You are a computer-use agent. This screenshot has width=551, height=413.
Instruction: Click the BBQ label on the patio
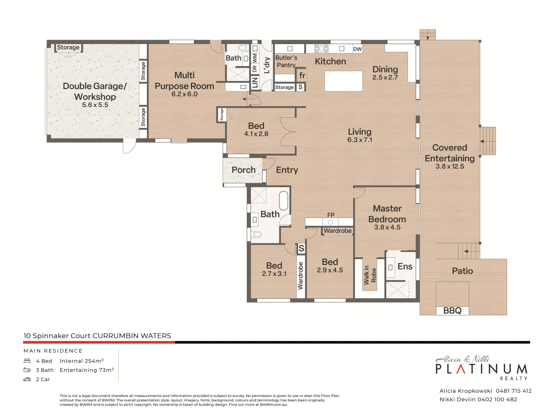point(452,311)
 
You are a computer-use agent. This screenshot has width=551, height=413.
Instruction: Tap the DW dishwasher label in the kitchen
point(357,49)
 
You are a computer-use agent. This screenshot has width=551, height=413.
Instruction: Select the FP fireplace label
point(331,215)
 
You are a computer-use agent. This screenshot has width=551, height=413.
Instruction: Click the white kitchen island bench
point(343,81)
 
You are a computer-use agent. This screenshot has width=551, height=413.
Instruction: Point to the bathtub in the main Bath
point(284,200)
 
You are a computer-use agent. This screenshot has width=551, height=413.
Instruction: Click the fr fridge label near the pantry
point(302,75)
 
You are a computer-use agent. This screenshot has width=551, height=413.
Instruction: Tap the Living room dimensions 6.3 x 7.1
point(359,140)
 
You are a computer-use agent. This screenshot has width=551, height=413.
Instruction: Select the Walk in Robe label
point(370,275)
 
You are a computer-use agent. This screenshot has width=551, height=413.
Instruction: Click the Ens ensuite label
point(405,267)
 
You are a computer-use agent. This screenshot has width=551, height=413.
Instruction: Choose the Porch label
point(243,170)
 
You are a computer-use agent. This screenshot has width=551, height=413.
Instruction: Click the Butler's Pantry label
point(286,61)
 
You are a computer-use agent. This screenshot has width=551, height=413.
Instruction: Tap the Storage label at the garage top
point(68,47)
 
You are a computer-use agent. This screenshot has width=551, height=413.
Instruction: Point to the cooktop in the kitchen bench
point(321,49)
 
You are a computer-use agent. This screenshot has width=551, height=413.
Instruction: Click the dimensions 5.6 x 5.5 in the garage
point(95,105)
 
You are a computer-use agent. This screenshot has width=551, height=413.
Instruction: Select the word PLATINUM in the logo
point(481,369)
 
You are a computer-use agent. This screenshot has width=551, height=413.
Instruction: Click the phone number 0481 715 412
point(514,391)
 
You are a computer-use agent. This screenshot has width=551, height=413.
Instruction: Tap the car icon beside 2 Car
point(27,379)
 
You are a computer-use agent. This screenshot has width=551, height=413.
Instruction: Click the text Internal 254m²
point(82,361)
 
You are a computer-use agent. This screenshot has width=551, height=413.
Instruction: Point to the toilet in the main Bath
point(256,234)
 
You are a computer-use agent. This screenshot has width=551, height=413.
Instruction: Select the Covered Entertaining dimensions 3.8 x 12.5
point(450,166)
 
